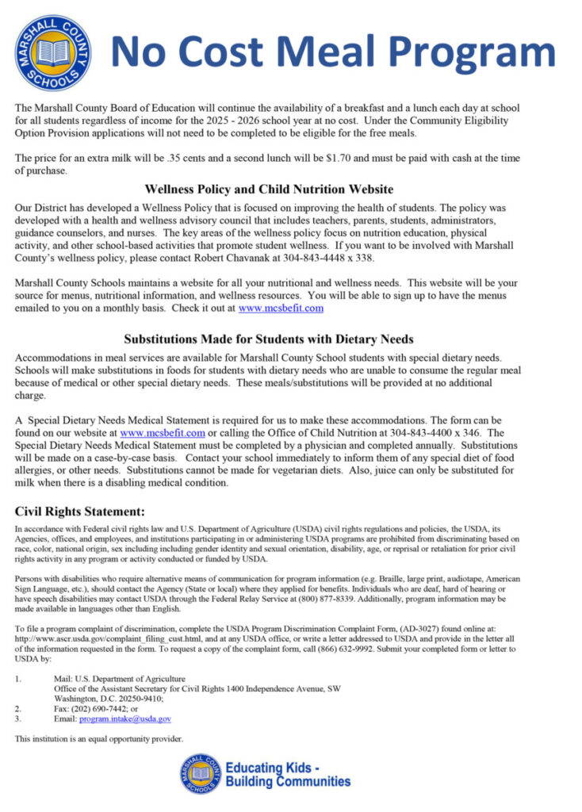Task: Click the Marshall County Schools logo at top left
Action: [x=52, y=52]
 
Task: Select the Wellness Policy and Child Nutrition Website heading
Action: [x=270, y=190]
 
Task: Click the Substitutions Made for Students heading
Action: [x=269, y=339]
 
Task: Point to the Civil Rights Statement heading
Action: [x=79, y=511]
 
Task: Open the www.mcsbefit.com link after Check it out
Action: [x=281, y=308]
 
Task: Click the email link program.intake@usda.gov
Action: [x=125, y=718]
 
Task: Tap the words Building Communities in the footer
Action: [x=288, y=781]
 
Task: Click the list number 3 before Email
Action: [x=17, y=718]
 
